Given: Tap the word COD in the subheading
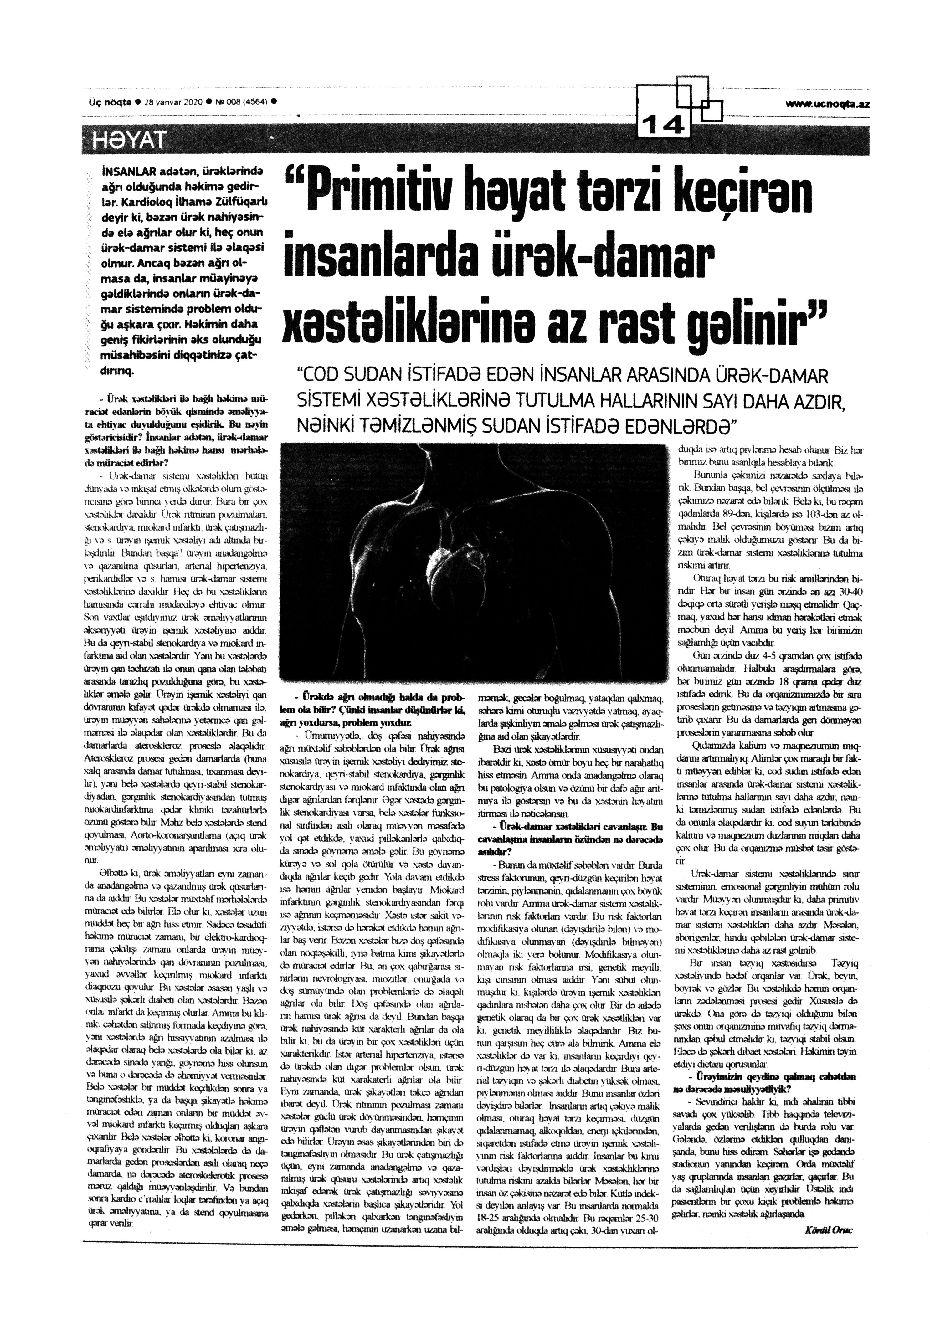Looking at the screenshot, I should [320, 378].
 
